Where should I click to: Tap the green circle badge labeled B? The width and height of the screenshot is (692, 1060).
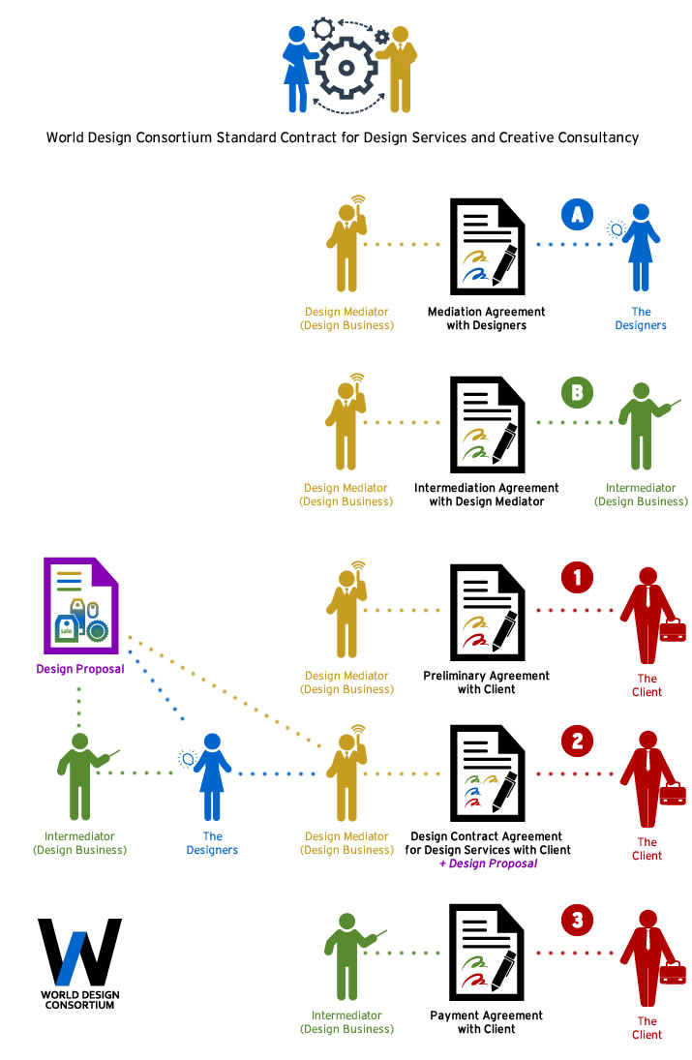click(578, 392)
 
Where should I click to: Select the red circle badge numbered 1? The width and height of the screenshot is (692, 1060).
click(578, 579)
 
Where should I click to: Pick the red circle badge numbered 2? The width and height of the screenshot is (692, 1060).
click(578, 742)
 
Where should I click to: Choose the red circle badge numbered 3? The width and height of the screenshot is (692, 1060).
click(578, 920)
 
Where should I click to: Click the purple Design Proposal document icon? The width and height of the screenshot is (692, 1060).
click(80, 606)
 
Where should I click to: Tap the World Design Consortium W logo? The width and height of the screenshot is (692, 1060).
click(79, 953)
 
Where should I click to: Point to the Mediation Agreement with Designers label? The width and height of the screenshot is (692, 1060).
click(486, 318)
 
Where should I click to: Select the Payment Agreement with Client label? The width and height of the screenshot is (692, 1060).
click(486, 1022)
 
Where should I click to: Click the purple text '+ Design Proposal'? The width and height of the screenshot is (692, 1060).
click(488, 863)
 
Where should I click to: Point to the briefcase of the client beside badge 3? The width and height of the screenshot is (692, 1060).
click(673, 971)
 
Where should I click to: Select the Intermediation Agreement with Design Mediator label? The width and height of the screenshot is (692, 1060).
click(486, 495)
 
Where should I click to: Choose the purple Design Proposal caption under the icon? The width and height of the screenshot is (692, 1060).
click(80, 669)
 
